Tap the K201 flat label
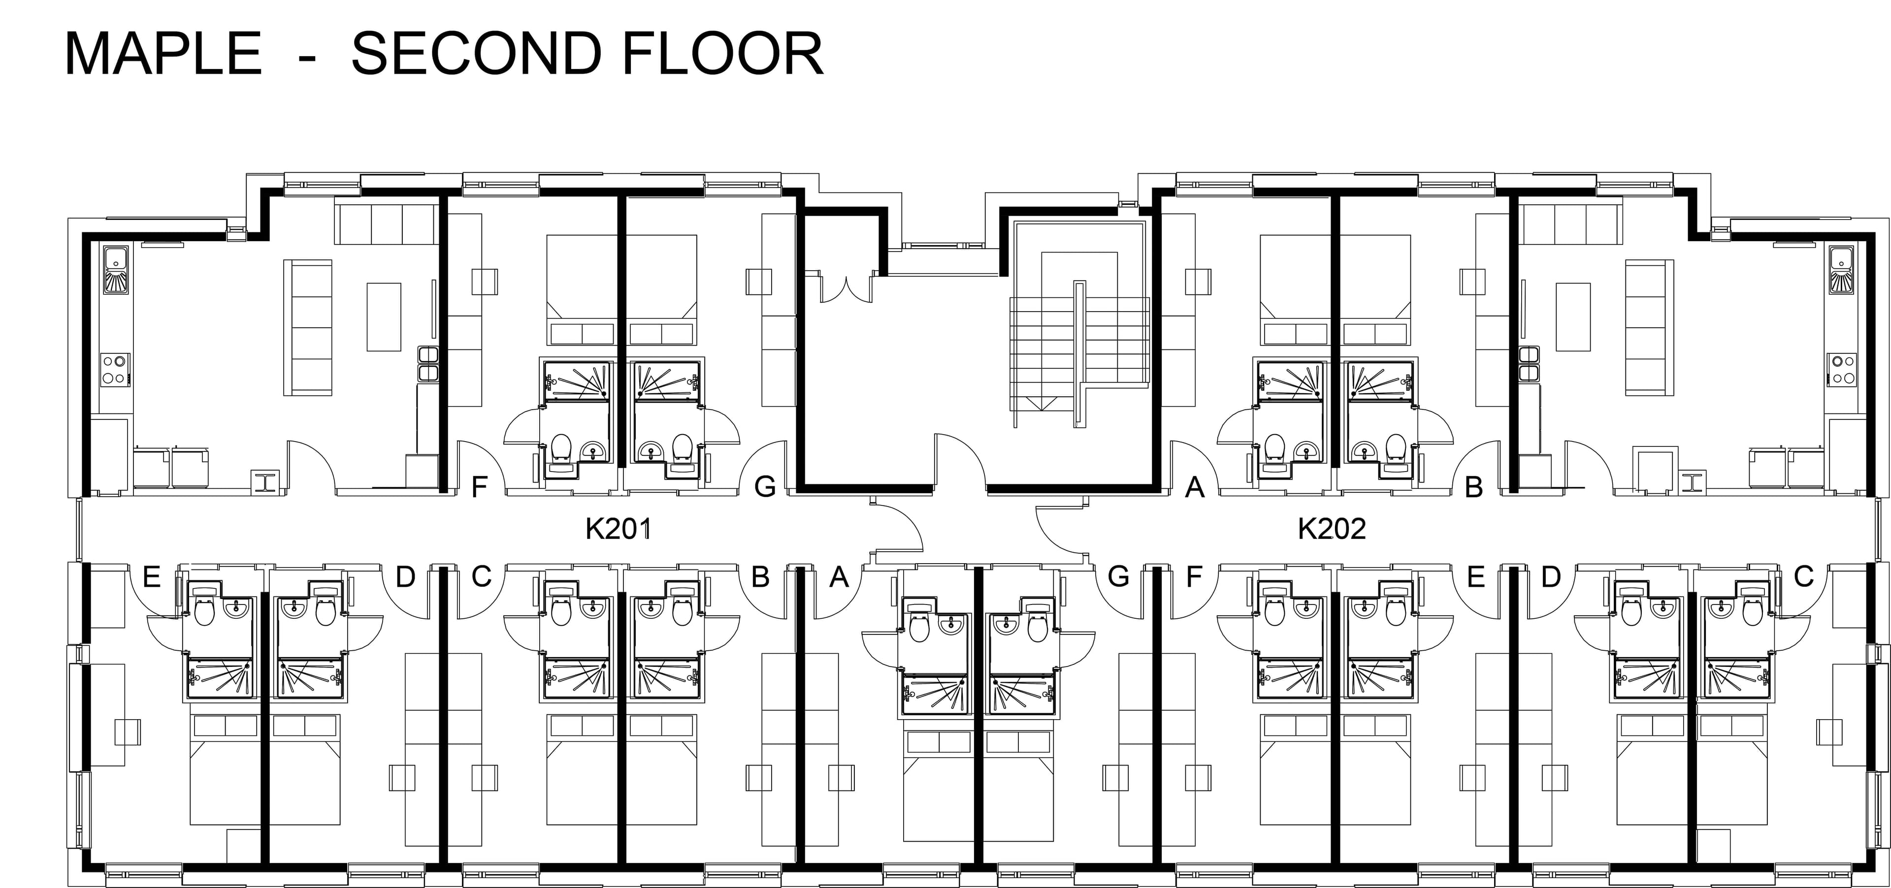click(x=618, y=528)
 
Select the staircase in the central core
click(x=1079, y=352)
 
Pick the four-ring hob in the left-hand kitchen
click(x=115, y=370)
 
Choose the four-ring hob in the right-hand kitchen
click(x=1843, y=370)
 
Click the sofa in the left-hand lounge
click(x=308, y=327)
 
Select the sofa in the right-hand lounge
click(x=1650, y=327)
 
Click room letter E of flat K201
click(x=151, y=577)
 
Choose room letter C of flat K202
click(x=1804, y=577)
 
